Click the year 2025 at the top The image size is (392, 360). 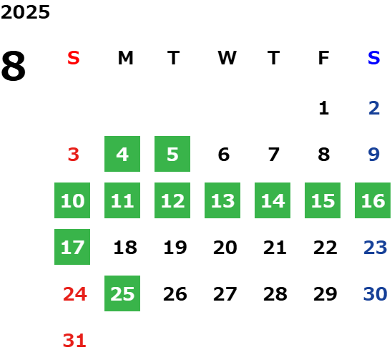[x=25, y=12]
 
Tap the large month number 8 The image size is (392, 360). [x=14, y=66]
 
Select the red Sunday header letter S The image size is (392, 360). [x=74, y=58]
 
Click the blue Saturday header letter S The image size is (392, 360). [x=373, y=58]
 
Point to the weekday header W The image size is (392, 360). [x=227, y=58]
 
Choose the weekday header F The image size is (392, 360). [x=323, y=58]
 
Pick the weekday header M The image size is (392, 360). [x=125, y=58]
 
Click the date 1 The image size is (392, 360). [x=324, y=108]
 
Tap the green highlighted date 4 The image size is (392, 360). [x=122, y=154]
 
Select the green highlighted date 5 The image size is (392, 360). [x=172, y=154]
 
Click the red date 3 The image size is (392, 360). [x=74, y=155]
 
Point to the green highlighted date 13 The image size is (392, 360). [x=222, y=200]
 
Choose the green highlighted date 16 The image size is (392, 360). [x=373, y=200]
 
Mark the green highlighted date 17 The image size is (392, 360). [x=72, y=247]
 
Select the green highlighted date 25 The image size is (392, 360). [x=122, y=293]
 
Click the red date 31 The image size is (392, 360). [x=74, y=341]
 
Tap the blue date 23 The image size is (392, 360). [x=376, y=248]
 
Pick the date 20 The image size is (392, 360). [x=225, y=248]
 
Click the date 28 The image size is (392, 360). [x=275, y=294]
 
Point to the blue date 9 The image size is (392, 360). [x=373, y=155]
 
